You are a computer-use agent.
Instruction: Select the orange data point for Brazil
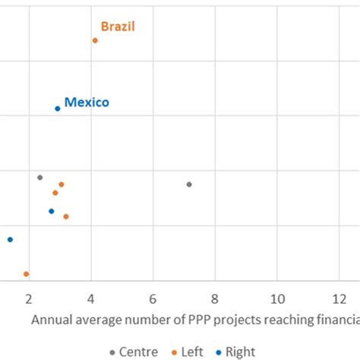coord(95,40)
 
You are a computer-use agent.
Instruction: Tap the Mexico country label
coord(87,102)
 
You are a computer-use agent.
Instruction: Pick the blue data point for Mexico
coord(58,109)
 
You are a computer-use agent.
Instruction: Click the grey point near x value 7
coord(189,185)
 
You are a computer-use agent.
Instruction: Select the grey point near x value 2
coord(40,178)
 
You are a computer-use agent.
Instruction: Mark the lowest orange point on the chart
coord(26,274)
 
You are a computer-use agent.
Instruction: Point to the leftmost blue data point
coord(10,239)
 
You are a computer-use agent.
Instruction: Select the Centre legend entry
coord(138,352)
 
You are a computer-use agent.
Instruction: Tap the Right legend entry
coord(239,352)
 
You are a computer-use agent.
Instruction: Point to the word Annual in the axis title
coord(51,320)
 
